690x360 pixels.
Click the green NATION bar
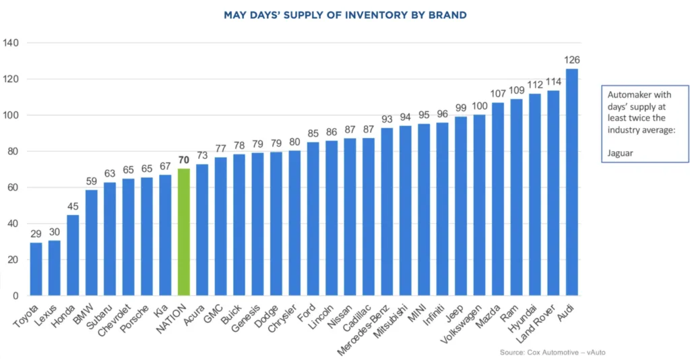[x=183, y=232]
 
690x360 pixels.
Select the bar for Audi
[x=571, y=182]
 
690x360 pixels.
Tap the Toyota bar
[x=36, y=269]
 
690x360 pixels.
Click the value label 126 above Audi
[x=572, y=60]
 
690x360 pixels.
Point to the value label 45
[x=73, y=206]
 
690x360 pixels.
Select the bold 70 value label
[x=183, y=160]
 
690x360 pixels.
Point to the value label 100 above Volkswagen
[x=479, y=106]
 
